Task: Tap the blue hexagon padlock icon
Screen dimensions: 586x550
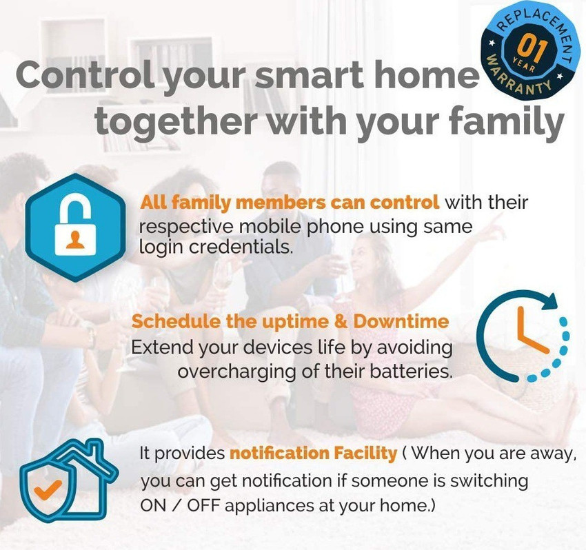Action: (x=76, y=227)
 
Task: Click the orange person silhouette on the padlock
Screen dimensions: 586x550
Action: (x=75, y=239)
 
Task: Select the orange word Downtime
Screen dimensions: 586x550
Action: (x=401, y=321)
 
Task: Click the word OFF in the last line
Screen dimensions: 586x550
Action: (x=204, y=506)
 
